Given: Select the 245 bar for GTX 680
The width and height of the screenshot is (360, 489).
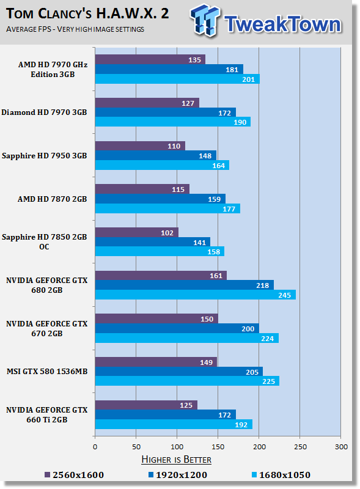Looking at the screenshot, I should click(195, 295).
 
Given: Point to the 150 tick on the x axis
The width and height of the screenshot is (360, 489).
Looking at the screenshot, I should click(218, 447).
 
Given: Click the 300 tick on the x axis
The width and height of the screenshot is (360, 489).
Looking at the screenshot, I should click(341, 447).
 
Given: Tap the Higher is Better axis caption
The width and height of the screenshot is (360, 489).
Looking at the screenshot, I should click(176, 459).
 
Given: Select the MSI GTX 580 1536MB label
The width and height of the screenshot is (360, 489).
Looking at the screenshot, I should click(48, 372).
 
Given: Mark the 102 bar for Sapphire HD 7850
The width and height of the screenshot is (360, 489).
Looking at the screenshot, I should click(136, 232).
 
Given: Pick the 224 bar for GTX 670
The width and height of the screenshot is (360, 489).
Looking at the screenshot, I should click(186, 338).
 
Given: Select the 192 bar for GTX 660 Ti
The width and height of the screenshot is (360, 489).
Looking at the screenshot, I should click(173, 424).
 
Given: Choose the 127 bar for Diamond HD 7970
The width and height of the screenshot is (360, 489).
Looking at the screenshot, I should click(147, 103).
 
